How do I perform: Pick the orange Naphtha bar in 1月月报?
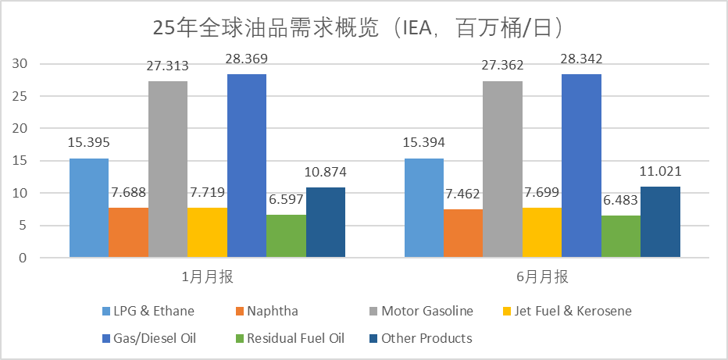pos(128,232)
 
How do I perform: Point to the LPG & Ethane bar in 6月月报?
pos(423,208)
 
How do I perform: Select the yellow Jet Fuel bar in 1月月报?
pos(207,232)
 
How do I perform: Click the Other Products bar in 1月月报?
pos(325,223)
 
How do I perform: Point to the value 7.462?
pos(463,192)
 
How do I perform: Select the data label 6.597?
pos(286,200)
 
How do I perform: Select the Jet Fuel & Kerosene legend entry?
pos(573,311)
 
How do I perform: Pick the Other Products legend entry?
pos(426,338)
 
